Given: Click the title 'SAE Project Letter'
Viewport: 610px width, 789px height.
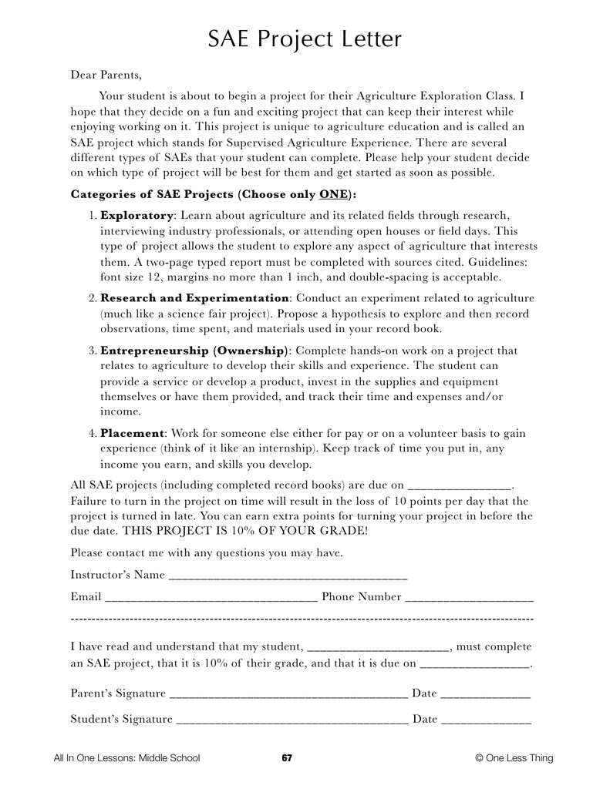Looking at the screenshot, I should pyautogui.click(x=305, y=39).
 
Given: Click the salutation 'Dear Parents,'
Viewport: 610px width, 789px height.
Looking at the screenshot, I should pyautogui.click(x=106, y=75).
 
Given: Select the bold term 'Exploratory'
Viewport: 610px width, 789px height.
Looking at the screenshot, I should pyautogui.click(x=136, y=215).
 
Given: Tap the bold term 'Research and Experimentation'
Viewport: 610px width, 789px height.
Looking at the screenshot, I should pyautogui.click(x=194, y=298).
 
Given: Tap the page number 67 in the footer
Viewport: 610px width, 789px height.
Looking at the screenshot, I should pyautogui.click(x=287, y=758).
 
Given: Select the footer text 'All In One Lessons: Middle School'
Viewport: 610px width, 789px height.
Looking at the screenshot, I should pyautogui.click(x=126, y=758).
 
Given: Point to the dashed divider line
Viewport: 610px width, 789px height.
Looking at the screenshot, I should pyautogui.click(x=302, y=619).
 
